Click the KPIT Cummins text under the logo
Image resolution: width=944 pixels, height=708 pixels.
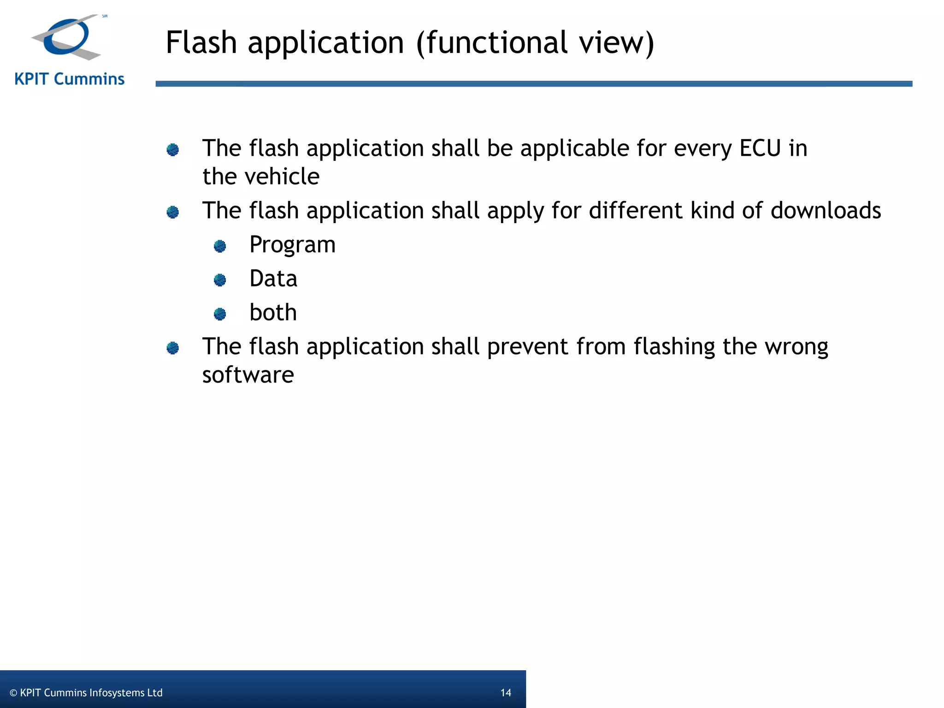[70, 79]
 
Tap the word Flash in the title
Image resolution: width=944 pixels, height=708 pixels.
[201, 42]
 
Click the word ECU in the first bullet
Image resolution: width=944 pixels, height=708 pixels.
[760, 148]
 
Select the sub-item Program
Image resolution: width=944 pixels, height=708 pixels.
[292, 245]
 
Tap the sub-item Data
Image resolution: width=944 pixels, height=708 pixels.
[273, 279]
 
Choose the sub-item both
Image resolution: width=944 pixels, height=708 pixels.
[273, 313]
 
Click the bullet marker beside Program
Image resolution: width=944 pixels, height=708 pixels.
[220, 246]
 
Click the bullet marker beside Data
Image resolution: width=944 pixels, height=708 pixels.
[220, 280]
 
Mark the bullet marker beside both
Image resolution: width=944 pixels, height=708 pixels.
[220, 314]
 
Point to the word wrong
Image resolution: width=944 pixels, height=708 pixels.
[796, 347]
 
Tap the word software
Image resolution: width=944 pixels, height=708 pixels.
[248, 375]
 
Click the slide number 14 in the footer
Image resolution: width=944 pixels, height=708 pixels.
[506, 693]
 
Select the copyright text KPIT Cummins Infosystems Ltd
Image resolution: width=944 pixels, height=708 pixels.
[86, 693]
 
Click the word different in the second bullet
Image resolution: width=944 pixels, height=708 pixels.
[635, 211]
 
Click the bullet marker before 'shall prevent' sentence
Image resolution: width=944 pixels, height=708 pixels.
[173, 348]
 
